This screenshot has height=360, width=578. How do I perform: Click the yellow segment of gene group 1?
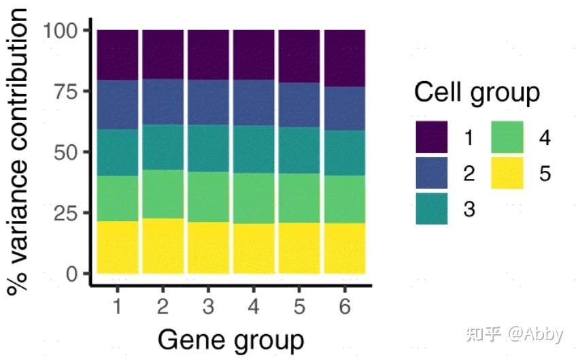pyautogui.click(x=117, y=246)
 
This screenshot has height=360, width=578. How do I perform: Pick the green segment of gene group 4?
pyautogui.click(x=254, y=198)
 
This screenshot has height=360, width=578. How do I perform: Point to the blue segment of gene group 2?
pyautogui.click(x=163, y=102)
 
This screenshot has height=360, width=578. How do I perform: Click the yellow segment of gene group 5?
pyautogui.click(x=299, y=248)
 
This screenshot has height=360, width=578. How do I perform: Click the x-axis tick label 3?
pyautogui.click(x=208, y=307)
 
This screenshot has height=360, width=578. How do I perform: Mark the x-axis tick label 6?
pyautogui.click(x=345, y=307)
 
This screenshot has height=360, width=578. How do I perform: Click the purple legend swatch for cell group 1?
pyautogui.click(x=432, y=137)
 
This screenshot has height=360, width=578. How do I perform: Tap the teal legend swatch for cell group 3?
pyautogui.click(x=432, y=208)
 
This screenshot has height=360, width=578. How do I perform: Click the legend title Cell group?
pyautogui.click(x=477, y=93)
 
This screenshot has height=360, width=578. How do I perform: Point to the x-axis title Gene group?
pyautogui.click(x=231, y=339)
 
